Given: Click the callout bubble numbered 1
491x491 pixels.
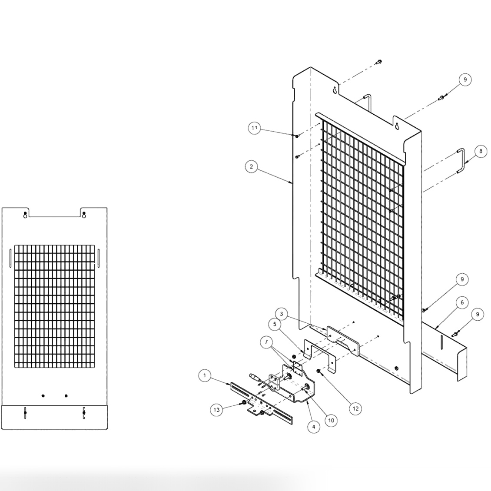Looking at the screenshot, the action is click(x=205, y=375).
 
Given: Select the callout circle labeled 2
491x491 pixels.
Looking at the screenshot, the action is click(x=251, y=166).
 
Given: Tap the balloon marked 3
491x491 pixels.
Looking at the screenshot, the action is click(x=282, y=314).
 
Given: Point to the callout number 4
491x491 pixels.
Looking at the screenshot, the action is click(x=313, y=427).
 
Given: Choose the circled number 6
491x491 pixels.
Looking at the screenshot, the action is click(x=462, y=302).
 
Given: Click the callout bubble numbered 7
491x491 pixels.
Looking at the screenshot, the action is click(x=266, y=342).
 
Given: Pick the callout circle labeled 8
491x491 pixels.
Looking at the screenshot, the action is click(x=481, y=151).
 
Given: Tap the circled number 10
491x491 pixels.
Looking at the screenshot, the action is click(x=331, y=420).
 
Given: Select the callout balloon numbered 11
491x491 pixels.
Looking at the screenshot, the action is click(x=254, y=128).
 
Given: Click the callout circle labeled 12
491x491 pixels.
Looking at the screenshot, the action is click(x=355, y=408).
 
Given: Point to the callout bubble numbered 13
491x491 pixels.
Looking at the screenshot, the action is click(x=216, y=410).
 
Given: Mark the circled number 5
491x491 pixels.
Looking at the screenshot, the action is click(x=275, y=324).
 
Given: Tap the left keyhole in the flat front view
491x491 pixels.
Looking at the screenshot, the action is click(x=25, y=215).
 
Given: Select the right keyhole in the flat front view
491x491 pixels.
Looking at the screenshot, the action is click(x=83, y=215).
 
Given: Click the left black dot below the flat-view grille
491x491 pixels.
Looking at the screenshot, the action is click(x=43, y=396).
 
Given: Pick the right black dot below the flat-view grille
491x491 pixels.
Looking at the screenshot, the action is click(x=66, y=396).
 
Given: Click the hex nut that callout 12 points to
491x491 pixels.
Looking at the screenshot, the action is click(x=318, y=372).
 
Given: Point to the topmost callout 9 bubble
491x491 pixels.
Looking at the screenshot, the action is click(x=464, y=80).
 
